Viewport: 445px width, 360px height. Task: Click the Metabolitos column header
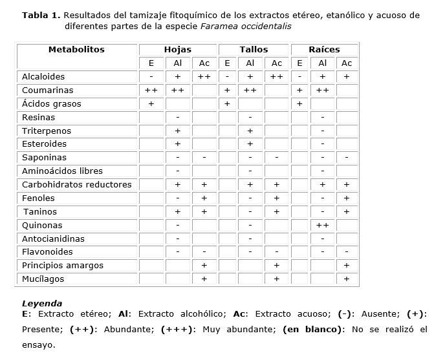pos(76,50)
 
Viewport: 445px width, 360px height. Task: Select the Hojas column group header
pos(177,50)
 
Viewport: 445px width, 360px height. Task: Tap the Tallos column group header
pos(254,50)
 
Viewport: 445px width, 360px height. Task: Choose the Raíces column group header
pos(323,50)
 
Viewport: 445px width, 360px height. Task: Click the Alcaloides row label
pos(43,77)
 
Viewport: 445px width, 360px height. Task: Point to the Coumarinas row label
pos(47,90)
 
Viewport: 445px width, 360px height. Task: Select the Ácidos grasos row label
pos(52,104)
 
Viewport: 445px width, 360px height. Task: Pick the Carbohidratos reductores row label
pos(76,185)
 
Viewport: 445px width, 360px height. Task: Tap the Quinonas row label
pos(42,226)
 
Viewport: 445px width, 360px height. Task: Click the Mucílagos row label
pos(43,279)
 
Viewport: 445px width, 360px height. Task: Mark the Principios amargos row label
pos(62,266)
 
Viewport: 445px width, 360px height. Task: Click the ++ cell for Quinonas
pos(323,226)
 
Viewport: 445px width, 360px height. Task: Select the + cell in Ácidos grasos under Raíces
pos(299,104)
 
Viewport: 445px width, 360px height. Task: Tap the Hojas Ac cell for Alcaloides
pos(204,77)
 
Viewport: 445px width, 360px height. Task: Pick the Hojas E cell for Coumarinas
pos(151,90)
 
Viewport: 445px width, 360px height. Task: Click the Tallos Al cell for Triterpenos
pos(250,131)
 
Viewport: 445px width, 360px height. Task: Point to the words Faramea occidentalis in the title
pos(246,26)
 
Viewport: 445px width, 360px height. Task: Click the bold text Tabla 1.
pos(41,15)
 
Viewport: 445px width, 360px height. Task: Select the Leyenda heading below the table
pos(42,303)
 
